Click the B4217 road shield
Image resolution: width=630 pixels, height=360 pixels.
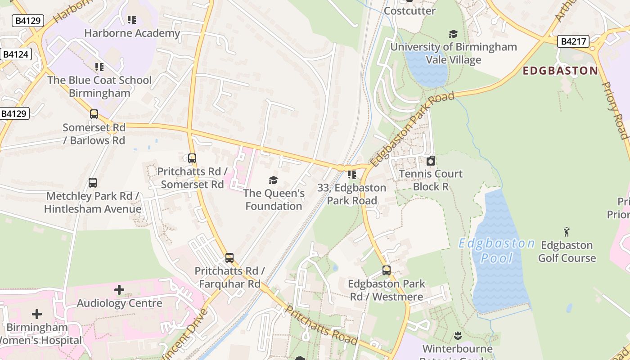click(574, 42)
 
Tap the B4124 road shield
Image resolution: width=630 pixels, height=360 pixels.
click(16, 54)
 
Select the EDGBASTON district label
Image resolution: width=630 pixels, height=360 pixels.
click(560, 71)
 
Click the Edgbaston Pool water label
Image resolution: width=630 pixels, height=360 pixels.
click(496, 251)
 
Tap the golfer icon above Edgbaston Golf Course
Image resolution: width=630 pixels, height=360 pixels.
click(567, 232)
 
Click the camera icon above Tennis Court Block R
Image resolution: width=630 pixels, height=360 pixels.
click(431, 161)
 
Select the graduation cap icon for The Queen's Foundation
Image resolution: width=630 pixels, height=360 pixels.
click(273, 180)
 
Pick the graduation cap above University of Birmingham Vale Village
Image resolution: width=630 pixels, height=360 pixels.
click(453, 34)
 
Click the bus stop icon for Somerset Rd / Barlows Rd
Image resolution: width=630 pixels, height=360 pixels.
click(94, 114)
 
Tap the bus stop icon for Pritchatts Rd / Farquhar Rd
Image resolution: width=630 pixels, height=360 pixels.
click(229, 258)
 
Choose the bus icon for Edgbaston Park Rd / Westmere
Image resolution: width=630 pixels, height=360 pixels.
click(387, 270)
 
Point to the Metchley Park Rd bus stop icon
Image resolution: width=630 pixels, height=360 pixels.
click(93, 183)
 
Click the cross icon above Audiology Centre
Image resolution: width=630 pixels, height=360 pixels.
click(119, 290)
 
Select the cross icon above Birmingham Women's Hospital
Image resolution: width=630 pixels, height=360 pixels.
click(37, 314)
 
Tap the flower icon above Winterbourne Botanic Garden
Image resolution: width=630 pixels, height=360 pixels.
click(458, 335)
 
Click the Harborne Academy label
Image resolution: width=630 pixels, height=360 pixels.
click(132, 33)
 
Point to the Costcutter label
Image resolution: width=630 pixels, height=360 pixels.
click(409, 11)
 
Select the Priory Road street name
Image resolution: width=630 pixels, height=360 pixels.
click(615, 110)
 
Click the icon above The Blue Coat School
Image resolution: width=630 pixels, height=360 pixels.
click(99, 67)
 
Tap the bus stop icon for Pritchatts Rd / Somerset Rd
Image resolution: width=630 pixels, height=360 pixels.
click(192, 158)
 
